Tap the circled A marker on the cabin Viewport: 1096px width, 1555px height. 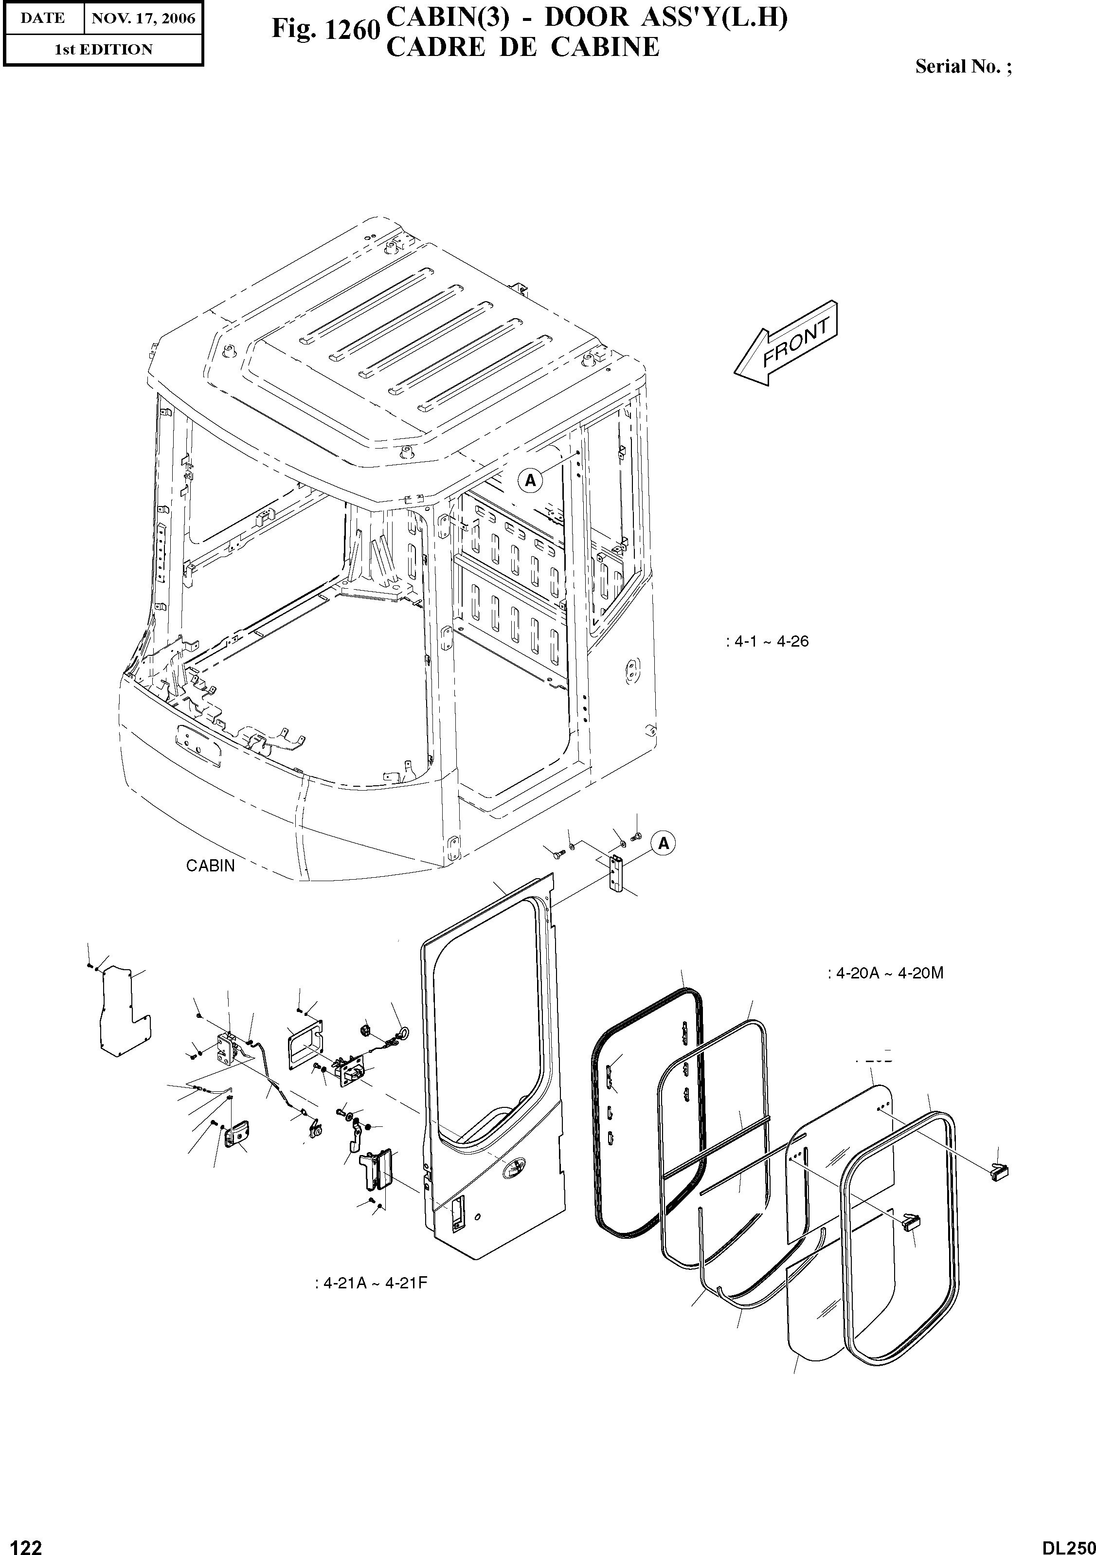pos(530,480)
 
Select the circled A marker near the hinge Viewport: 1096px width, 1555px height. pos(664,843)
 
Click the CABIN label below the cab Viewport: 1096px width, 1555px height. pos(211,866)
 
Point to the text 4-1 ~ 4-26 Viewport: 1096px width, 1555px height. pos(767,641)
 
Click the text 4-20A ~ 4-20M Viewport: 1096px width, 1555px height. pos(885,973)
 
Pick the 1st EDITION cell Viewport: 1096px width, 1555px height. pos(103,50)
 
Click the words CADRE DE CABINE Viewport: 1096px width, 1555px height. pos(522,47)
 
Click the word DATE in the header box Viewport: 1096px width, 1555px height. pos(42,18)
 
